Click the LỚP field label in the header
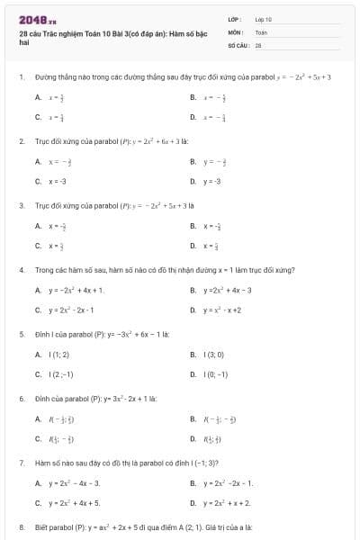(x=233, y=18)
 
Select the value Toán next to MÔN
(x=262, y=31)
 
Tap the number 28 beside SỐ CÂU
(x=258, y=43)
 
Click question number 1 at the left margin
(x=21, y=77)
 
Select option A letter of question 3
(x=37, y=225)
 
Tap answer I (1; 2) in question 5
(x=59, y=355)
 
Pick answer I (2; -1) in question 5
(x=61, y=374)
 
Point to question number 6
(x=21, y=397)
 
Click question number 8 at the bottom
(x=21, y=526)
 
